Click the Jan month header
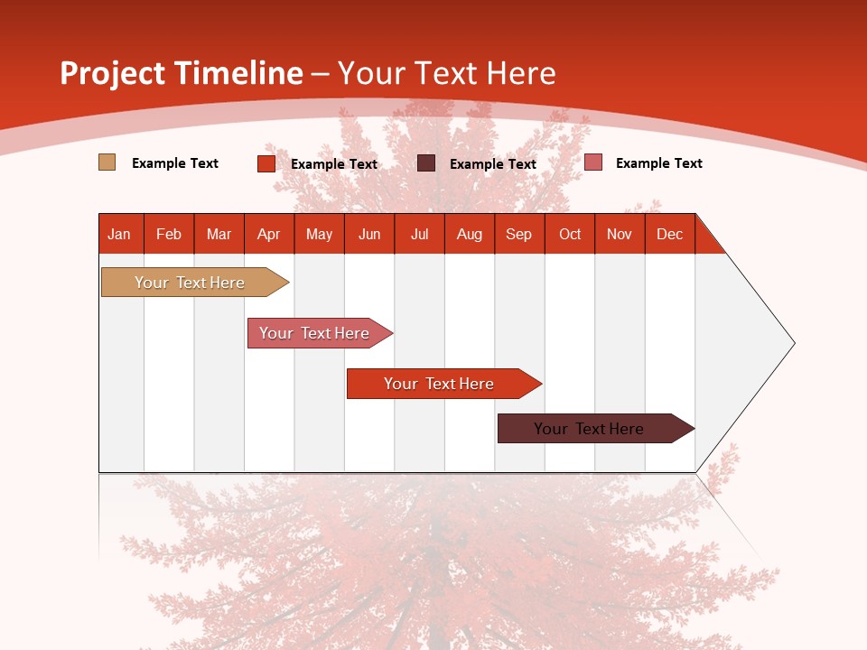(119, 234)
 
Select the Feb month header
(169, 234)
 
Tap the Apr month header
(268, 234)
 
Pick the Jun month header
(369, 234)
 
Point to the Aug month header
(469, 234)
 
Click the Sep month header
(518, 234)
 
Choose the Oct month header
(570, 234)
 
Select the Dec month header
(669, 234)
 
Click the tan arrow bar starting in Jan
(190, 283)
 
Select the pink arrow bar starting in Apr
(314, 333)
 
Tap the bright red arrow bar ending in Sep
(439, 384)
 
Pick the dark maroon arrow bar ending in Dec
(589, 429)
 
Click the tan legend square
(107, 162)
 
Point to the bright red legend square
(266, 163)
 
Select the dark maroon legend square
(426, 162)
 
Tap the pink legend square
(592, 162)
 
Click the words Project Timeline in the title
(181, 73)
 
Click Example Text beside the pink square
(658, 162)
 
